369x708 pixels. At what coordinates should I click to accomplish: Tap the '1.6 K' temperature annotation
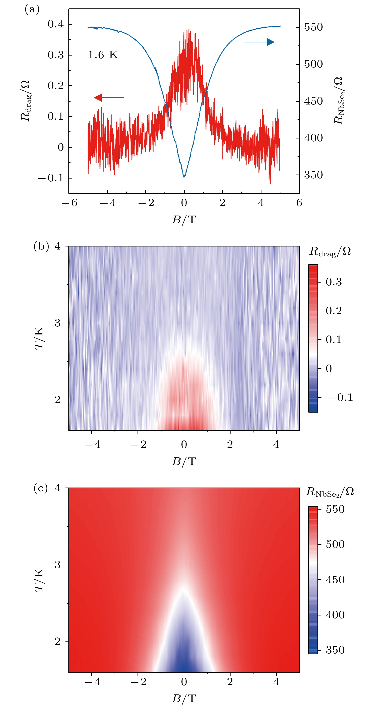(x=103, y=55)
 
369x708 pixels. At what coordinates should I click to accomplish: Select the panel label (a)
(x=32, y=10)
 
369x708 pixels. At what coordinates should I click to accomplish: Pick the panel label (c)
(x=41, y=488)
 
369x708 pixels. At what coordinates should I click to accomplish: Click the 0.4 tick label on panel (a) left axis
(x=56, y=24)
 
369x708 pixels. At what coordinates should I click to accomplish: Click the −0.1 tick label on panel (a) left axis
(x=51, y=178)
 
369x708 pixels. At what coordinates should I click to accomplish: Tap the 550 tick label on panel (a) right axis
(x=313, y=27)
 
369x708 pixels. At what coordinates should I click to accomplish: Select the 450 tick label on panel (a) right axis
(x=313, y=101)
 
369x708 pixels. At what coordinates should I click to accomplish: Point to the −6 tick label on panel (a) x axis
(x=69, y=203)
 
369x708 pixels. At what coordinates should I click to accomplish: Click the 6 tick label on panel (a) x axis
(x=299, y=203)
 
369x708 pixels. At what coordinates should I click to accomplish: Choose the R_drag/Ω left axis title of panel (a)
(x=25, y=100)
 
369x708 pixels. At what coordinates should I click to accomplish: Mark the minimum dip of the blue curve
(x=184, y=176)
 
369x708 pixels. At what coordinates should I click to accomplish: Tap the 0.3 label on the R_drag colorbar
(x=334, y=282)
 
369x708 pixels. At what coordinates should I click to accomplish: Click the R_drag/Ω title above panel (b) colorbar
(x=330, y=251)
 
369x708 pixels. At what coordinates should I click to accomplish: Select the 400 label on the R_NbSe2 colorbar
(x=335, y=615)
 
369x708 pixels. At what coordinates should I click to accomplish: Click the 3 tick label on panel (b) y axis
(x=57, y=323)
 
